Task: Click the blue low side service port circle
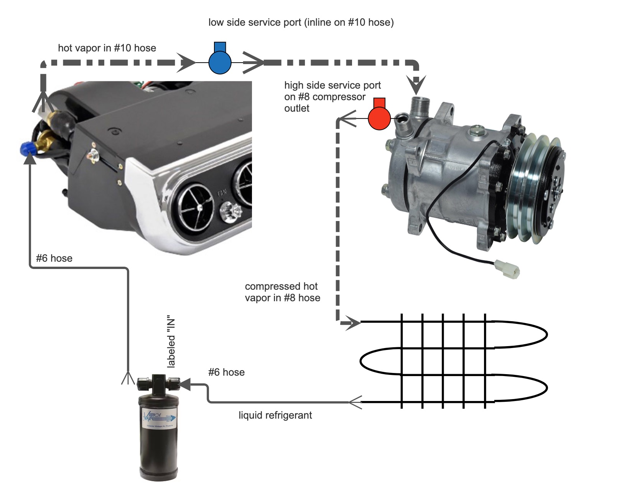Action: (x=220, y=62)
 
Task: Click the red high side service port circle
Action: (x=379, y=118)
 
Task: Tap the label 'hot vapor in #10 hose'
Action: (x=107, y=48)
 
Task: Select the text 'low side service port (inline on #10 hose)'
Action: (x=301, y=22)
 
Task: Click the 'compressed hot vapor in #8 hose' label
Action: (x=282, y=292)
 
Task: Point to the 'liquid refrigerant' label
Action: (x=275, y=415)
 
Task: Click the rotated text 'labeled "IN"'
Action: (x=171, y=343)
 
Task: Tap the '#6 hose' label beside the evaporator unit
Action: (x=54, y=258)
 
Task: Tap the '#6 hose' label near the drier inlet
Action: (x=226, y=372)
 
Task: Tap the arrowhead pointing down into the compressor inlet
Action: (x=416, y=84)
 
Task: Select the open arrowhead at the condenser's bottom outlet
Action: (x=355, y=402)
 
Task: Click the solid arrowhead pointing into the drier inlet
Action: (x=185, y=384)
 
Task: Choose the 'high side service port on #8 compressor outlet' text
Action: (x=332, y=97)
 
